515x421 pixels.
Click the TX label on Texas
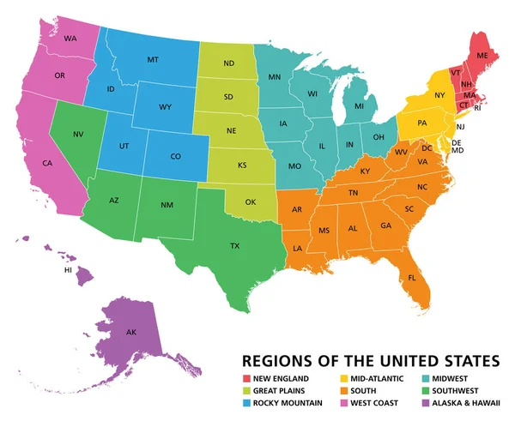tap(234, 245)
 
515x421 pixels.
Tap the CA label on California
tap(47, 163)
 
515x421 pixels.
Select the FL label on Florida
tap(412, 278)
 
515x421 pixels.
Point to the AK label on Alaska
tap(131, 332)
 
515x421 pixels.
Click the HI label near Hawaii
tap(68, 269)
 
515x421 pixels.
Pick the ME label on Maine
tap(482, 54)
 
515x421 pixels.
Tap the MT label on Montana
tap(153, 59)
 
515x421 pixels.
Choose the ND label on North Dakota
tap(229, 63)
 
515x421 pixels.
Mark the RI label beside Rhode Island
tap(479, 108)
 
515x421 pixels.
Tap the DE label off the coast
tap(457, 142)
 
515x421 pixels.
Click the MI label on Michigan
tap(359, 106)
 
